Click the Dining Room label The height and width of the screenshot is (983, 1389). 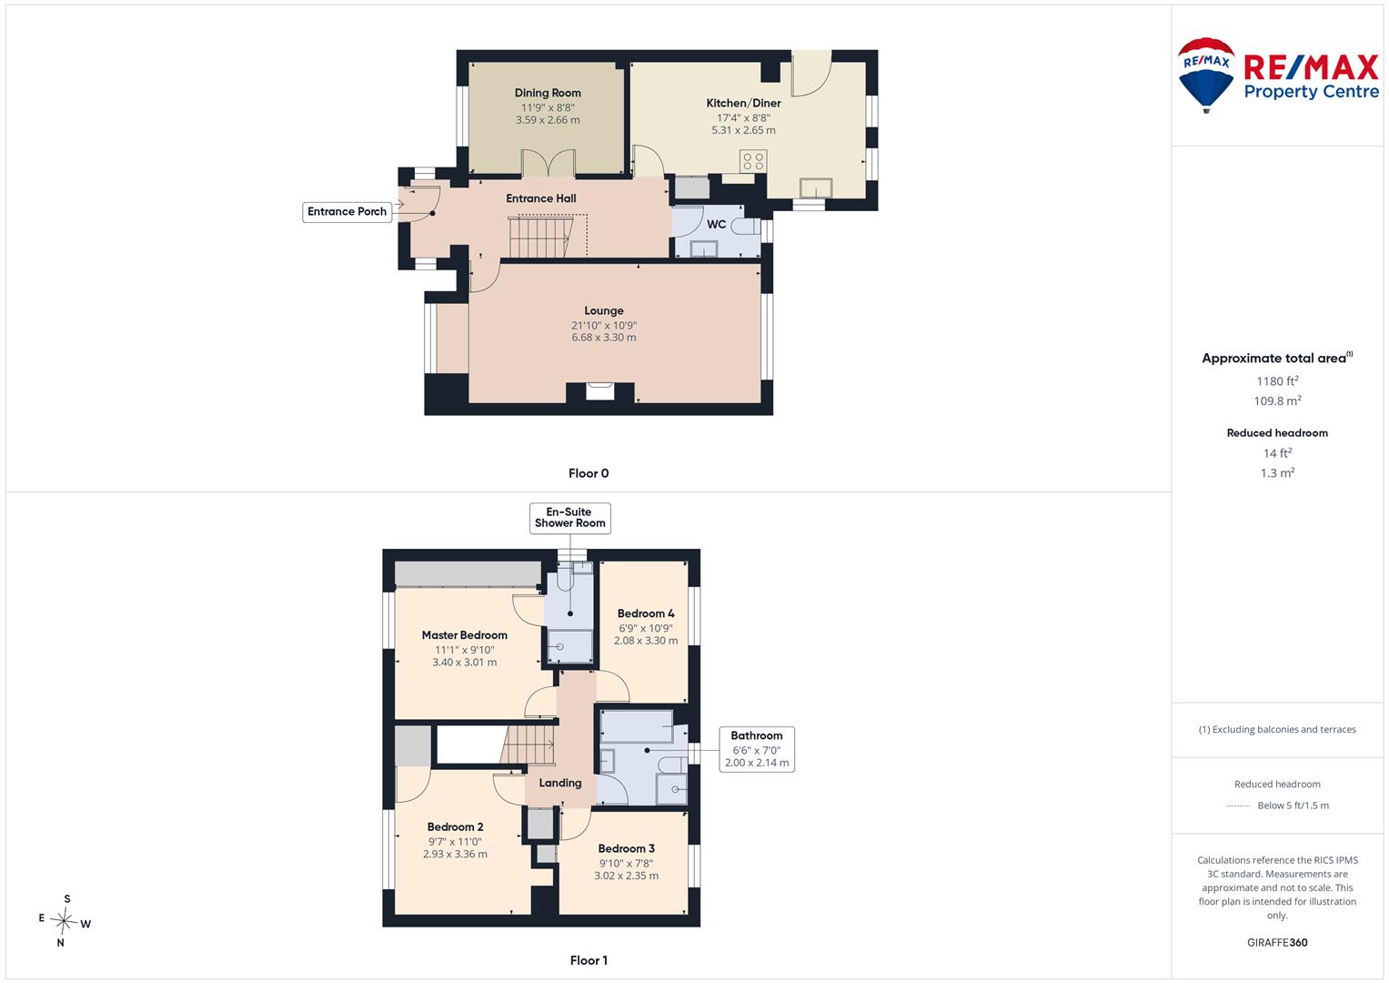548,93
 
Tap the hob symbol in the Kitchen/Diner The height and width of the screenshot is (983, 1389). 753,161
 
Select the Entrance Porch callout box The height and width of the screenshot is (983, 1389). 347,211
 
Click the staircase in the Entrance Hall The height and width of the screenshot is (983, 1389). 539,236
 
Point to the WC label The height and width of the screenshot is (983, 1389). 716,224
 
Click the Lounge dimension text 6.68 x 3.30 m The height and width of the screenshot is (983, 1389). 604,338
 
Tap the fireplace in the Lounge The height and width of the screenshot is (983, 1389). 600,392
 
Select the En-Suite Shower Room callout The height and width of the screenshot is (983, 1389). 569,518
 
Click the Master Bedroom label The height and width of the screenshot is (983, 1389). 465,635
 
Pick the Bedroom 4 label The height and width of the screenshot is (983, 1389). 646,613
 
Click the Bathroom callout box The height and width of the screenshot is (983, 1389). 757,749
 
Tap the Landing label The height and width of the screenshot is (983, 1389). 560,783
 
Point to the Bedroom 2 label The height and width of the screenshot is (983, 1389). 455,826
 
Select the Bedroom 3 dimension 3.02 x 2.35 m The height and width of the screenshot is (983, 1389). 627,876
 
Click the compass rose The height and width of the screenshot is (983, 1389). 64,920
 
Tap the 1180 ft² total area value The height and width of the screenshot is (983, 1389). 1277,381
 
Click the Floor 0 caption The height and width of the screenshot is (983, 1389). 589,473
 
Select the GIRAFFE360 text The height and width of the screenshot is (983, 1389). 1277,942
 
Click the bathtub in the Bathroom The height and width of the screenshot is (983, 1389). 637,726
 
